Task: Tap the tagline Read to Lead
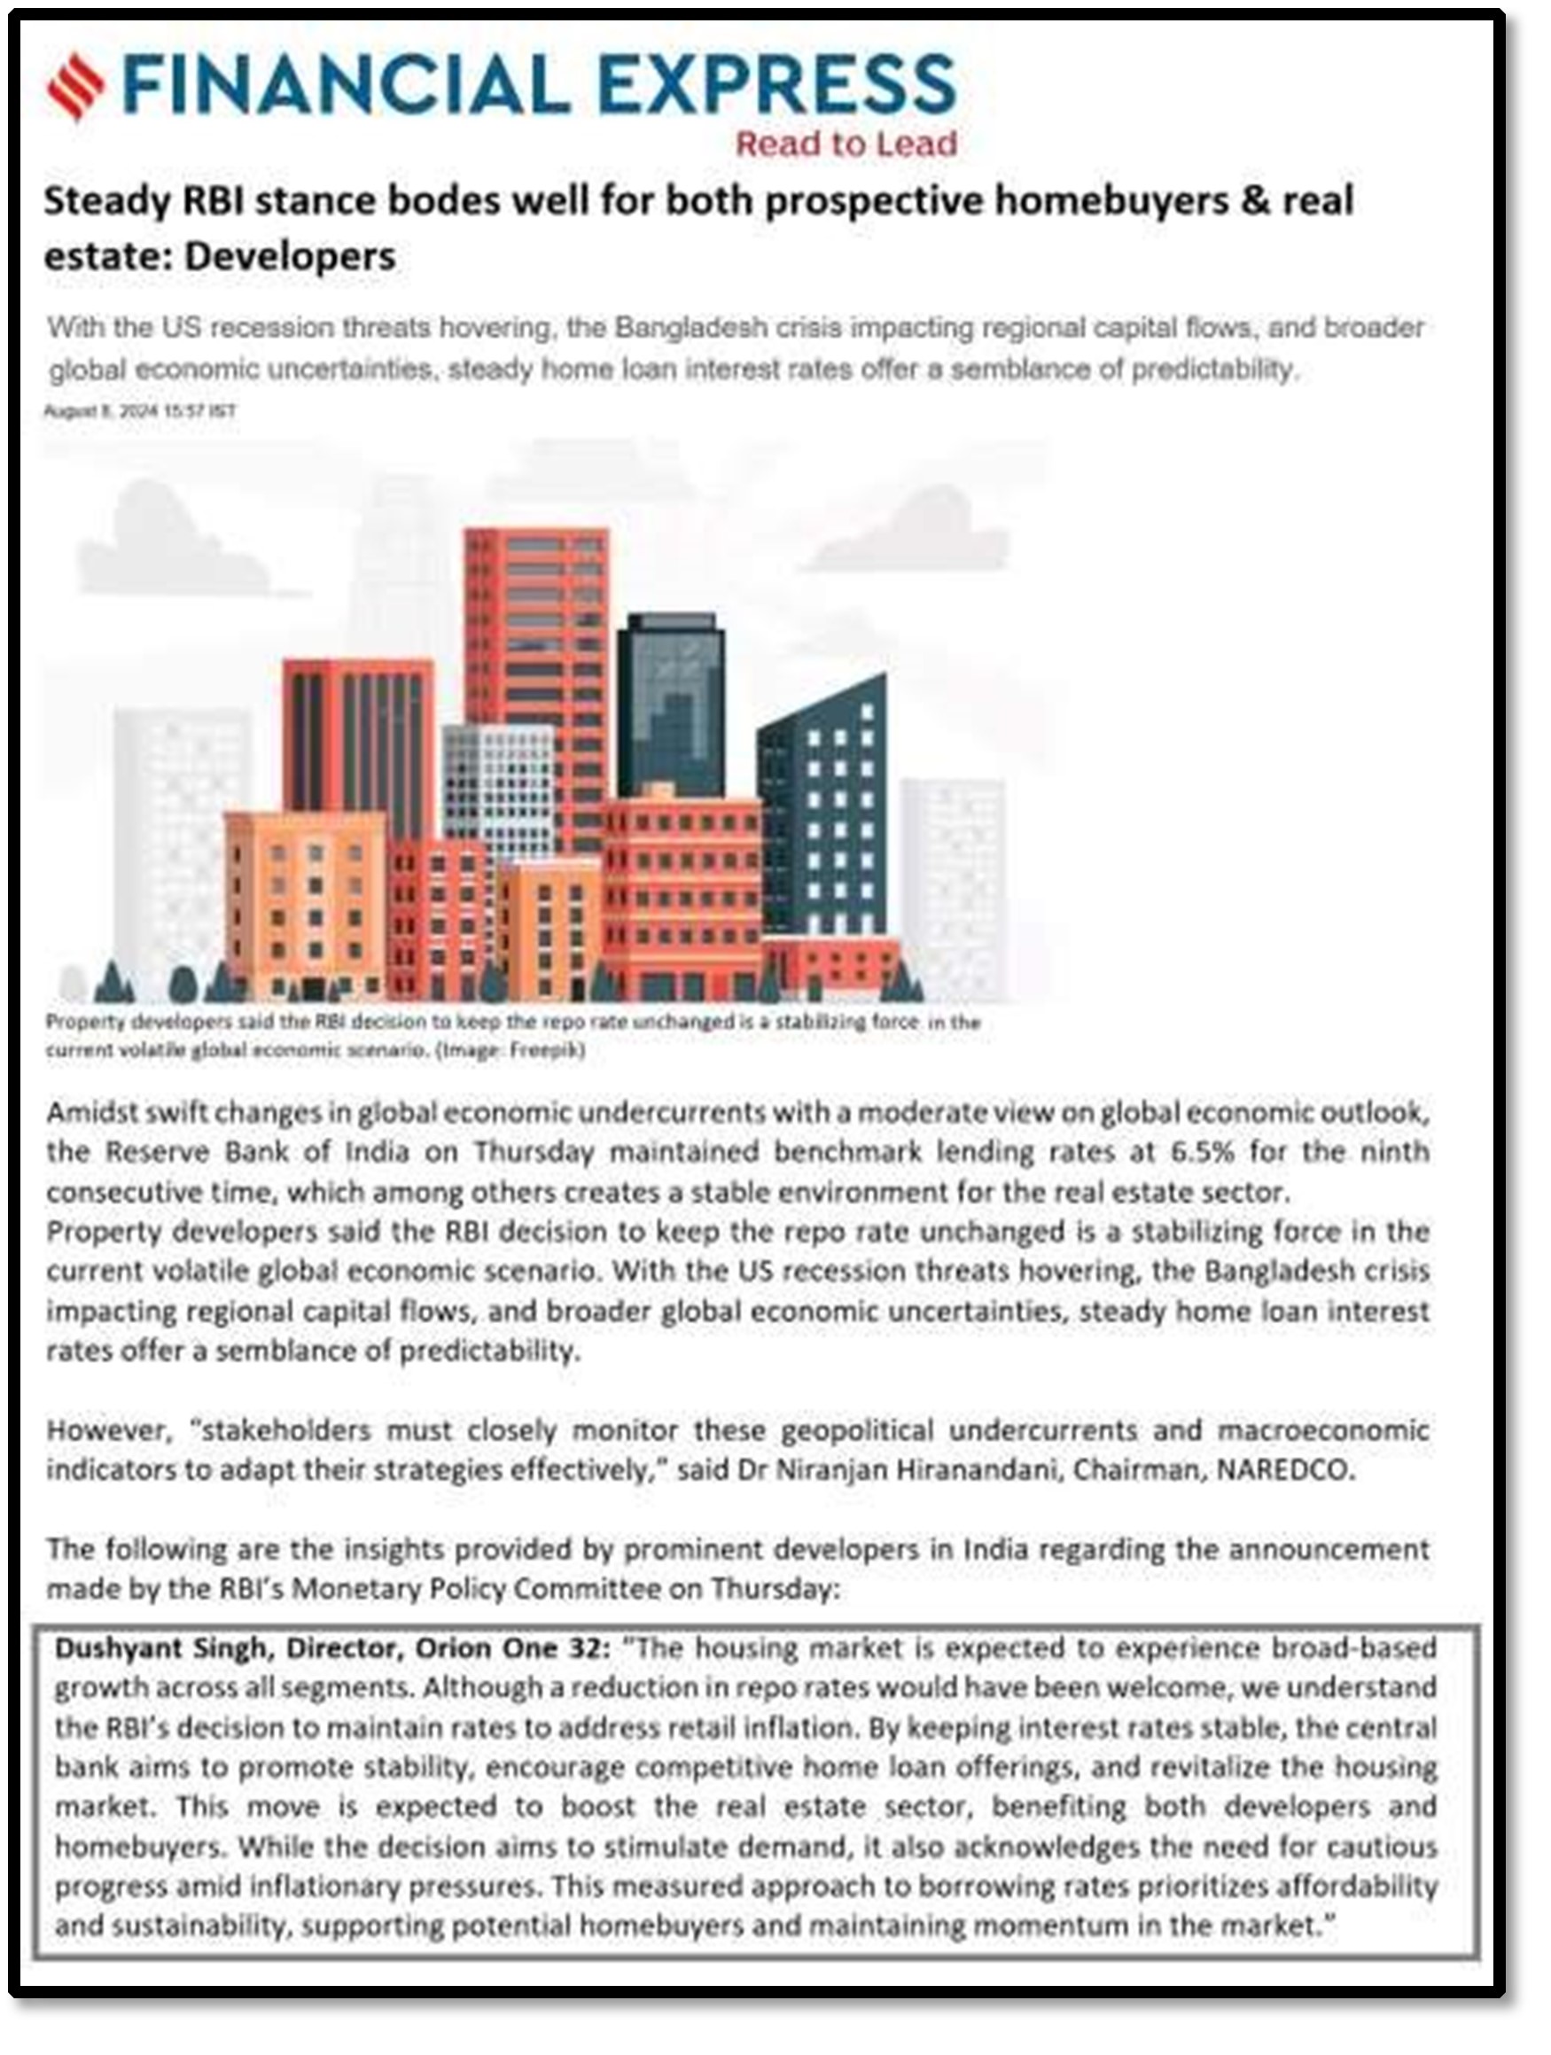point(846,143)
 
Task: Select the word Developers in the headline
point(290,256)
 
